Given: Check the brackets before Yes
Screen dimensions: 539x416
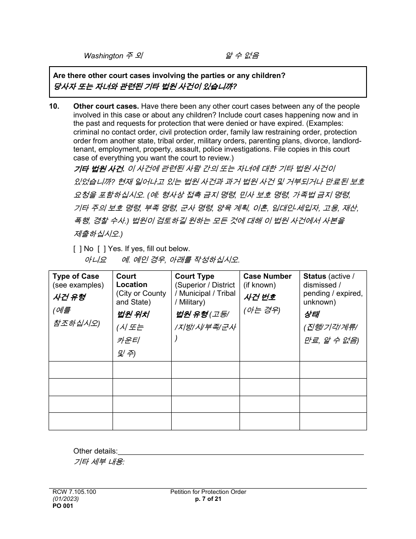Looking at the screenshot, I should pos(102,249).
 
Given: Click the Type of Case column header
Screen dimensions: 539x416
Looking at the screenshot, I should pos(76,277).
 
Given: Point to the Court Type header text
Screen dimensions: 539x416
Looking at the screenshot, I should pos(194,277).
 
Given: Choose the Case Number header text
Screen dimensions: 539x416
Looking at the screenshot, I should pos(267,277).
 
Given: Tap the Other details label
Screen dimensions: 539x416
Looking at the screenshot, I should pos(95,451).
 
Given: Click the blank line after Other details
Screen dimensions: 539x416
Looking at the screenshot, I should pos(241,451).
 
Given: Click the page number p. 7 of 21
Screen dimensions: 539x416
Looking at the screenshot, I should pos(208,499).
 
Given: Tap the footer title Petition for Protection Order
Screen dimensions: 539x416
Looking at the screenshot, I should pos(208,492).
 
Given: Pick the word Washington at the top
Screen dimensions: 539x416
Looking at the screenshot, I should pos(103,56).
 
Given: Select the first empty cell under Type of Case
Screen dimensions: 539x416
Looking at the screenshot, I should pos(81,370).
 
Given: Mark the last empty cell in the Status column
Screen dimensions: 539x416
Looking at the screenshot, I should pos(333,421).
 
